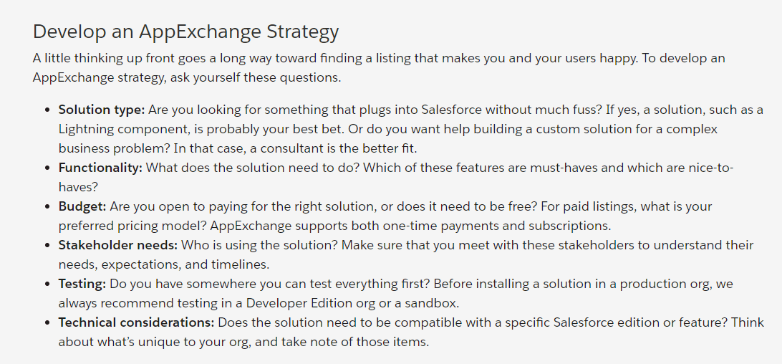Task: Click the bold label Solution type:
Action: tap(102, 110)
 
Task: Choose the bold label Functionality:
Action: tap(100, 168)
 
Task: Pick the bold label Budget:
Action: tap(82, 206)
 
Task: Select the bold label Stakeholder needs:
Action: tap(118, 245)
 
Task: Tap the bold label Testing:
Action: tap(82, 284)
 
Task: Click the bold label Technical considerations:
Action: tap(136, 322)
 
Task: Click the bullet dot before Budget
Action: tap(47, 206)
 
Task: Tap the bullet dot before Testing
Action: tap(47, 284)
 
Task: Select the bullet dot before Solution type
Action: tap(47, 110)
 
